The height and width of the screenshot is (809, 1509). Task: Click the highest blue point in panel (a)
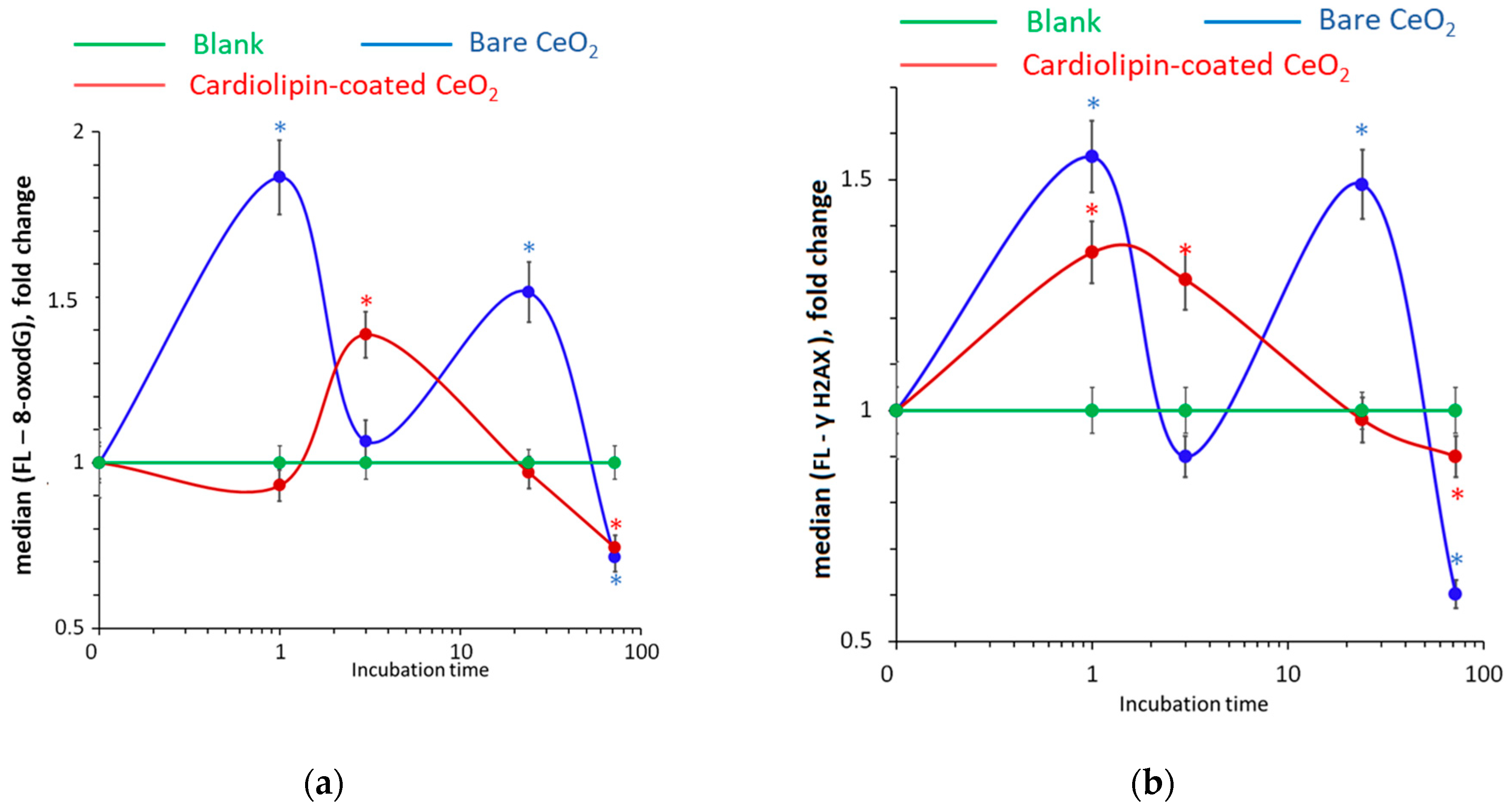click(x=280, y=177)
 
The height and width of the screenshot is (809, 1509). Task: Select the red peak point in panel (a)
click(x=366, y=334)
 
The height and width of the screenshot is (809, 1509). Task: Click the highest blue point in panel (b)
click(x=1092, y=156)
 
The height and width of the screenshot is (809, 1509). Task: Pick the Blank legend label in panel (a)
click(x=228, y=44)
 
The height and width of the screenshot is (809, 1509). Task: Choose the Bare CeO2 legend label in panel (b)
click(x=1386, y=22)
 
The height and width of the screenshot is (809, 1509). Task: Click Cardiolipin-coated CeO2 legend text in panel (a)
click(x=343, y=86)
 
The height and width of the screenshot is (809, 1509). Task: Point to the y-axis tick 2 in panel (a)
click(x=79, y=131)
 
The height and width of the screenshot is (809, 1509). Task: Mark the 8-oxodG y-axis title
click(x=23, y=374)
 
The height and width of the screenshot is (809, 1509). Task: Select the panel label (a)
click(x=324, y=784)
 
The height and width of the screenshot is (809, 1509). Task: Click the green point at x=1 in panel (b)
click(x=1092, y=410)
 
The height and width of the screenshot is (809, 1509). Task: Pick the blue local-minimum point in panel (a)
click(x=366, y=441)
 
